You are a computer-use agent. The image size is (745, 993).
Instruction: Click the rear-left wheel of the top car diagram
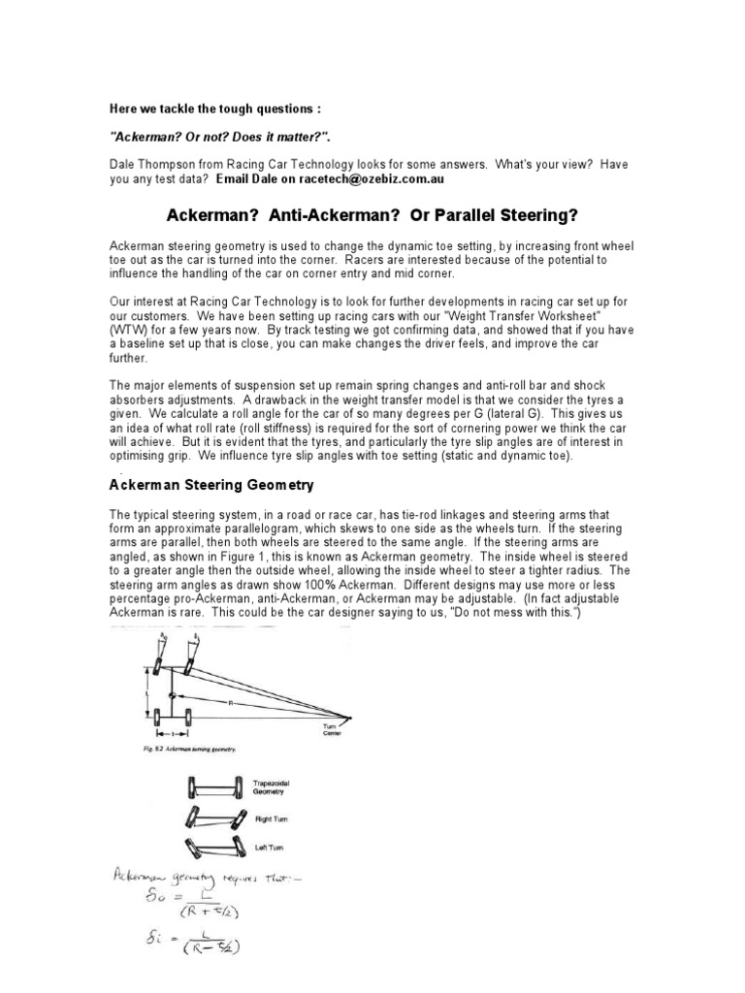point(159,719)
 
